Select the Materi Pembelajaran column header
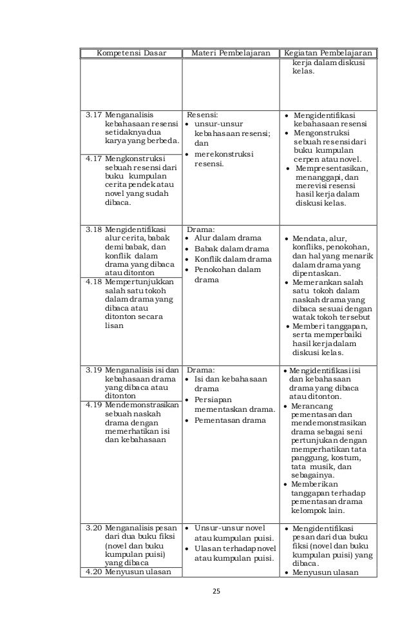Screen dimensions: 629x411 [x=229, y=53]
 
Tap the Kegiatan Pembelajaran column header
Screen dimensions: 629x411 [x=329, y=53]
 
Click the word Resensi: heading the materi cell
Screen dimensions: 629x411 [x=203, y=115]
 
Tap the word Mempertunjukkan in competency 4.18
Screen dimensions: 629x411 [x=135, y=282]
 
